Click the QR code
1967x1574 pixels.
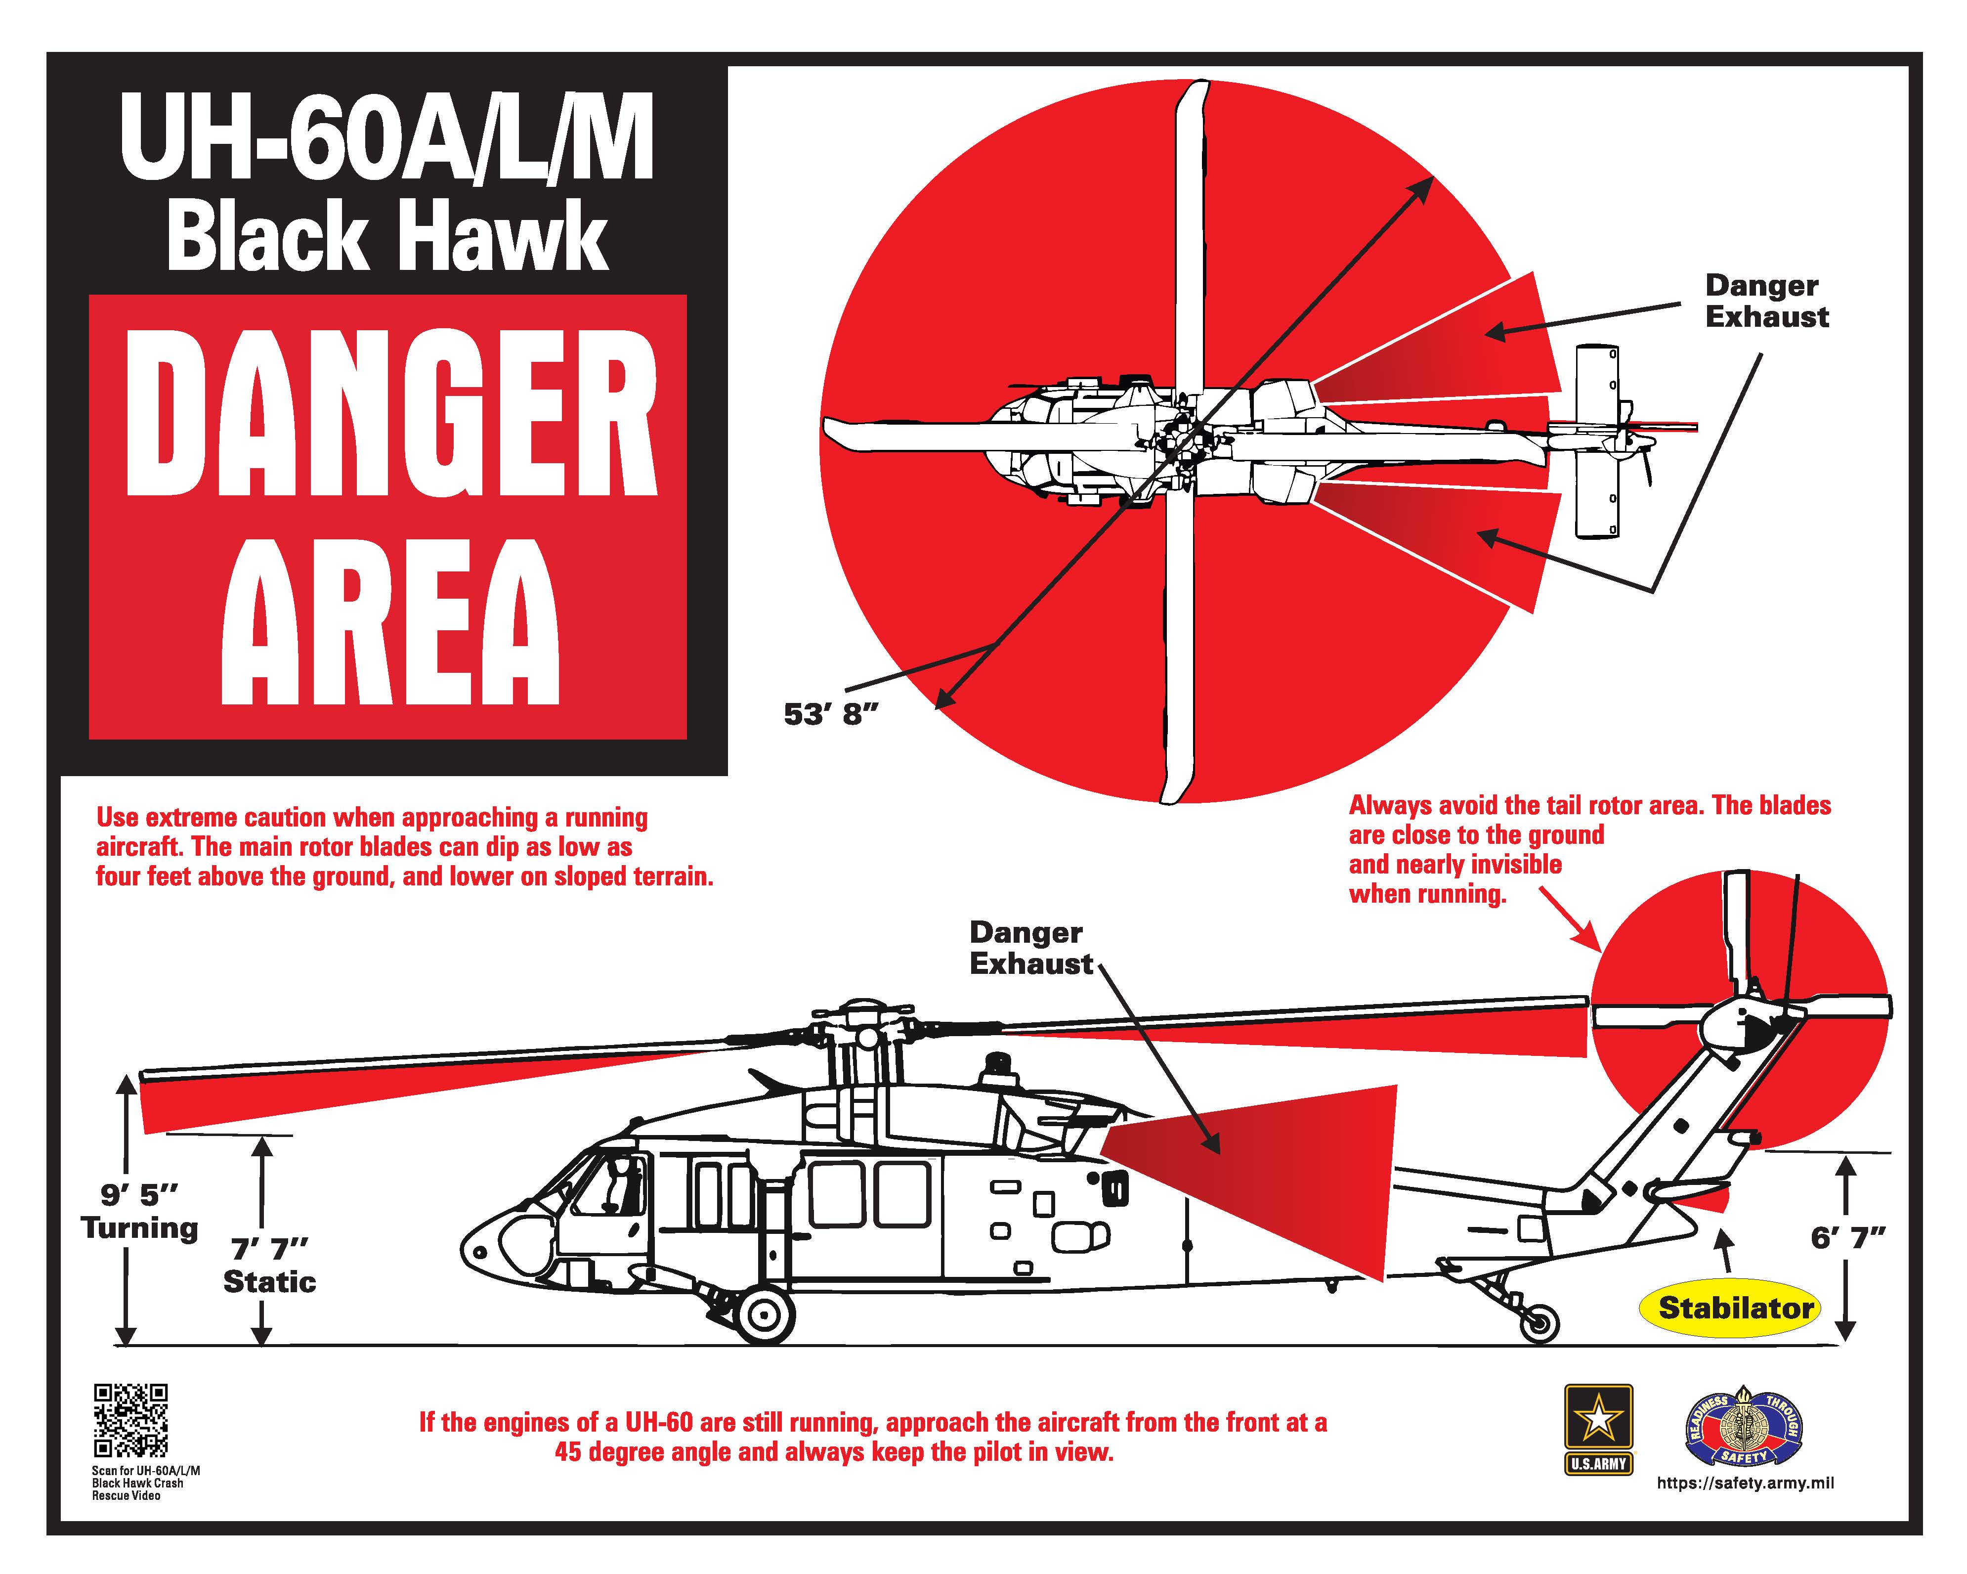tap(130, 1421)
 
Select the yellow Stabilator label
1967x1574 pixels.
tap(1735, 1308)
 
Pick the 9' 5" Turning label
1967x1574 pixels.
tap(139, 1210)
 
